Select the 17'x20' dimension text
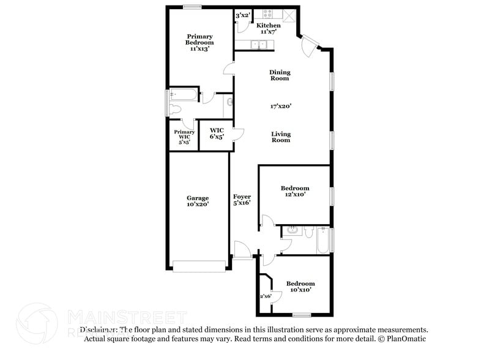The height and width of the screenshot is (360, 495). pyautogui.click(x=280, y=106)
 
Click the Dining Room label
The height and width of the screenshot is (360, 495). pyautogui.click(x=280, y=75)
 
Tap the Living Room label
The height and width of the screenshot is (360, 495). pyautogui.click(x=280, y=137)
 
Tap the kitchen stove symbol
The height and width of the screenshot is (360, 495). pyautogui.click(x=269, y=13)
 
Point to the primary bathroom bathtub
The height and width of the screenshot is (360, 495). pyautogui.click(x=184, y=94)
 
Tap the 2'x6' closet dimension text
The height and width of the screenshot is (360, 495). pyautogui.click(x=266, y=296)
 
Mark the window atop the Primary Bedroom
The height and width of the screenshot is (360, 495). pyautogui.click(x=192, y=7)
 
